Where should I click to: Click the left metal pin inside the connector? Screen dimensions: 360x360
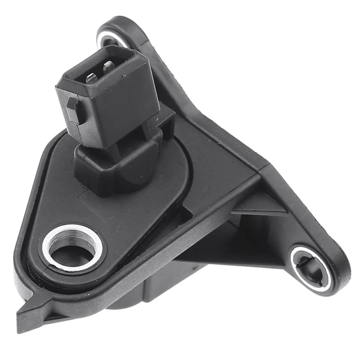click(92, 77)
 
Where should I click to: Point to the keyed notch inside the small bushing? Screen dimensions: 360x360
click(304, 261)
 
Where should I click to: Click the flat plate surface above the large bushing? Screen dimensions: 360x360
click(72, 192)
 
